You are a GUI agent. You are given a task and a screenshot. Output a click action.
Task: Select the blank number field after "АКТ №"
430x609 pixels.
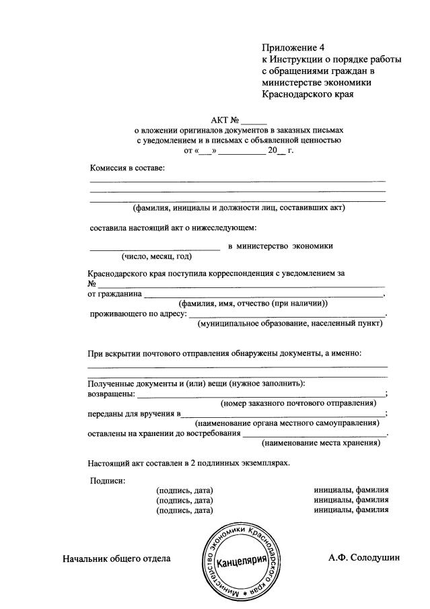[x=254, y=122]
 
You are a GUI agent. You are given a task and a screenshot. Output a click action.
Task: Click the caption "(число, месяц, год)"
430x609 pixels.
[x=157, y=256]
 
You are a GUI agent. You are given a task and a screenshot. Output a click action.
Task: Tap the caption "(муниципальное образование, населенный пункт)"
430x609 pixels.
[x=290, y=324]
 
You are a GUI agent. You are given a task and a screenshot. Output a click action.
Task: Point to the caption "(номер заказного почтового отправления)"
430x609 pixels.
[x=298, y=403]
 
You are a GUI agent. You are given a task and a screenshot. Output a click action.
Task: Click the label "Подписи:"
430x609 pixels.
[x=108, y=480]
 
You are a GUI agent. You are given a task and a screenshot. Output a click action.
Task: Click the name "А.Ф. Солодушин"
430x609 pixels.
[x=365, y=558]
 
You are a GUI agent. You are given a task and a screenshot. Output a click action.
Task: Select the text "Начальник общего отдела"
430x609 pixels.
[x=116, y=559]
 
